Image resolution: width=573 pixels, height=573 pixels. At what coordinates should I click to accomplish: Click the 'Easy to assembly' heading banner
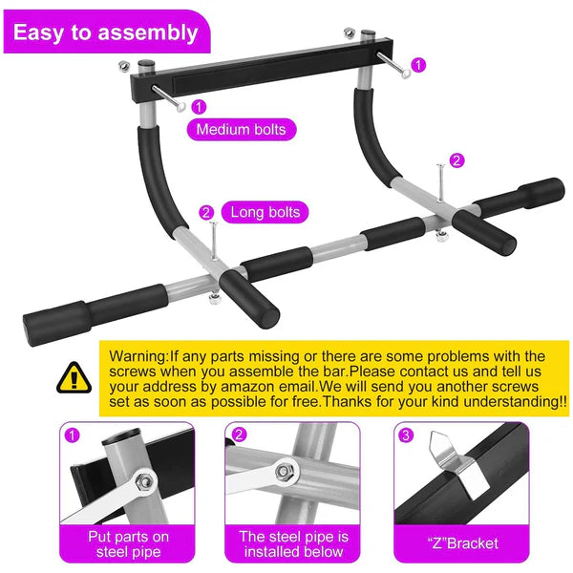pos(105,33)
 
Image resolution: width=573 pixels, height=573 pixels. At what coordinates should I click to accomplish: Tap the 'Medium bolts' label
pos(240,129)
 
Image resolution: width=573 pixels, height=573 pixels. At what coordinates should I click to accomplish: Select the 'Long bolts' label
pos(264,212)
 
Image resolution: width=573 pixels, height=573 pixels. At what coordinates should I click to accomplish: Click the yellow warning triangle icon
pos(71,378)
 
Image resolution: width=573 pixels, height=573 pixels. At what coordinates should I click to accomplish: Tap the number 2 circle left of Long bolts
pos(206,212)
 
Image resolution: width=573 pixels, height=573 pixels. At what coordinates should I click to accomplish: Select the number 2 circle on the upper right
pos(456,160)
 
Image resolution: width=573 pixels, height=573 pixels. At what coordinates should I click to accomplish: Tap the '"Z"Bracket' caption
pos(462,543)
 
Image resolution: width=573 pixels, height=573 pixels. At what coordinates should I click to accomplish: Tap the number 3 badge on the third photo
pos(408,435)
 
